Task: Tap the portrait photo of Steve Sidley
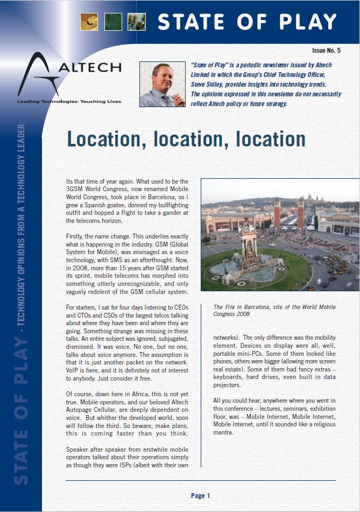pyautogui.click(x=162, y=84)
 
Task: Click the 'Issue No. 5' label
pyautogui.click(x=326, y=51)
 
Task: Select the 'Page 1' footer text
pyautogui.click(x=201, y=495)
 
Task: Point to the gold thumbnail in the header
pyautogui.click(x=89, y=21)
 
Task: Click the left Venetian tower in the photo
pyautogui.click(x=277, y=213)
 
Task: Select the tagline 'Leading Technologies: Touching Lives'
pyautogui.click(x=69, y=101)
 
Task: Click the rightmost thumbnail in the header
pyautogui.click(x=137, y=21)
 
